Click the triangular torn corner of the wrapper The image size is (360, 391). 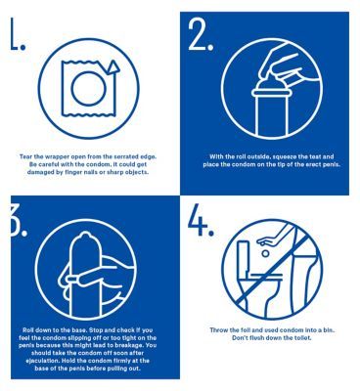tap(113, 66)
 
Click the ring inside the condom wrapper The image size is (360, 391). tap(88, 89)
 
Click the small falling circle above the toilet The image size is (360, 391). tap(266, 253)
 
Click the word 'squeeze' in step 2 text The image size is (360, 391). tap(295, 156)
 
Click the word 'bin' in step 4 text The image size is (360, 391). tap(330, 330)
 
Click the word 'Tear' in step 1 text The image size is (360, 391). tap(25, 156)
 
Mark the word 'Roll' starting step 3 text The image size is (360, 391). tap(28, 329)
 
